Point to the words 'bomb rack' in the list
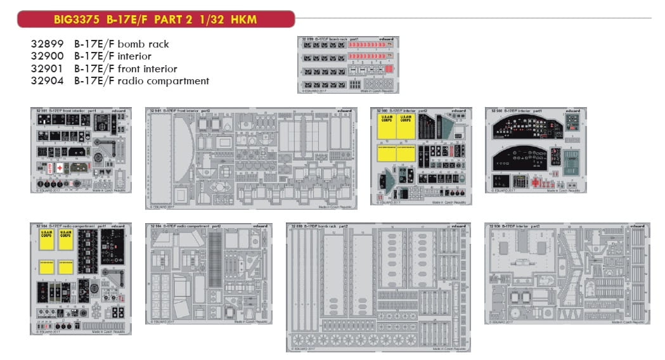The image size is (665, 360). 147,45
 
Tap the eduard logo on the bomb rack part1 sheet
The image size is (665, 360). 387,39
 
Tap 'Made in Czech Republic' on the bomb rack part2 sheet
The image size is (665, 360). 446,348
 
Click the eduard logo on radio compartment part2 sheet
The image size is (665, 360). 260,226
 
